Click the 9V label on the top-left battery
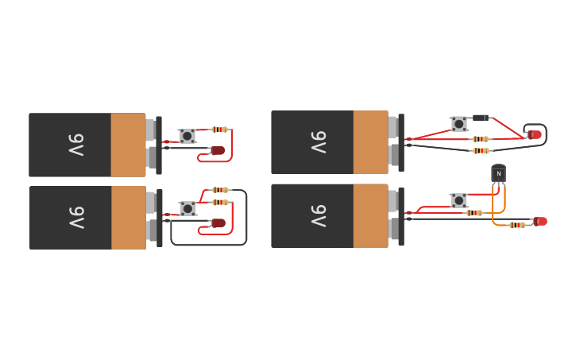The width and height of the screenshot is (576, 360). point(75,145)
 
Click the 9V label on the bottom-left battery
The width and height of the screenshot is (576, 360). point(75,217)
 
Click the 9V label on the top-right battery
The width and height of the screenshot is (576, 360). point(318,142)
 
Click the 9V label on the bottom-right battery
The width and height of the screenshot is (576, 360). point(318,215)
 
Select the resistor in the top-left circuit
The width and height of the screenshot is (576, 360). point(219,130)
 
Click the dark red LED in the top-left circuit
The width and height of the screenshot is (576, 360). point(218,150)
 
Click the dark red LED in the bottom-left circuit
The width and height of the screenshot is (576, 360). point(218,223)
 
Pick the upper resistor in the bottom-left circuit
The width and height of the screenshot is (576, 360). point(220,190)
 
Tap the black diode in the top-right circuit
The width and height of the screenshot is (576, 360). point(480,118)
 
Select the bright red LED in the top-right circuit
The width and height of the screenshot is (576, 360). point(535,135)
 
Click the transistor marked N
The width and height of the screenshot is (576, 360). point(498,173)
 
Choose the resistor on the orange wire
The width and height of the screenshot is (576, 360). point(517,225)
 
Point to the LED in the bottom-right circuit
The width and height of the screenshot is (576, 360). point(541,221)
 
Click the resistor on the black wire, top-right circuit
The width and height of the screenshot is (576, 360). point(480,150)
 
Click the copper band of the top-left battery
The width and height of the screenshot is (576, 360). point(128,145)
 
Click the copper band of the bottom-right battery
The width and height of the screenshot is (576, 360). point(370,215)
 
